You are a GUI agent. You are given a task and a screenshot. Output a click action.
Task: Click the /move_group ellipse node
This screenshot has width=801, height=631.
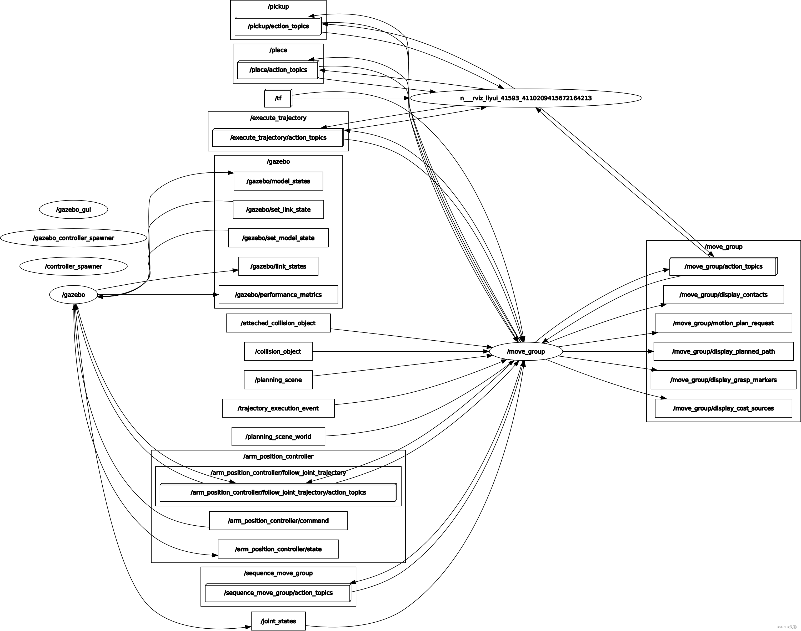pyautogui.click(x=525, y=351)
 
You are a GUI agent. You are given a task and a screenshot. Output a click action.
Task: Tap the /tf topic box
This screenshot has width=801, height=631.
pyautogui.click(x=278, y=98)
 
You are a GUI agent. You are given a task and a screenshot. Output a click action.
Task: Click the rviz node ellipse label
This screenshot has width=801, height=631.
pyautogui.click(x=525, y=98)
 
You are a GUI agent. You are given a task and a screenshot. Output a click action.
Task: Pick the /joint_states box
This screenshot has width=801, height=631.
pyautogui.click(x=278, y=621)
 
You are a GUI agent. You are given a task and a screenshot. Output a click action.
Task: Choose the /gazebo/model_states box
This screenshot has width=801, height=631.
pyautogui.click(x=278, y=181)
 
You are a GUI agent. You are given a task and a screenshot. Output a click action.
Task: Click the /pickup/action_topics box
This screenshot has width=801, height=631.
pyautogui.click(x=278, y=26)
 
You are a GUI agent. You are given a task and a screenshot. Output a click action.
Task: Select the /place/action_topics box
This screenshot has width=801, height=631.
pyautogui.click(x=278, y=70)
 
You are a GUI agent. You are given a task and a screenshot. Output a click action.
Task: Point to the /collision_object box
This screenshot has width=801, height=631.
pyautogui.click(x=278, y=351)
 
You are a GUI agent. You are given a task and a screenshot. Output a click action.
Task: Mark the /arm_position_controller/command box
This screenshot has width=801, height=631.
pyautogui.click(x=278, y=521)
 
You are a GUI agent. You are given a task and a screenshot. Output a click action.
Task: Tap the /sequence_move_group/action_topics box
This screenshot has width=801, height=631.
pyautogui.click(x=278, y=593)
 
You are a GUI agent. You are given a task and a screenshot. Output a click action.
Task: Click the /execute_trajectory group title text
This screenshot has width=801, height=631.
pyautogui.click(x=278, y=118)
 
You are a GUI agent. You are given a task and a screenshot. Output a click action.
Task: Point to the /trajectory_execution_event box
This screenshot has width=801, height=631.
pyautogui.click(x=278, y=408)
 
